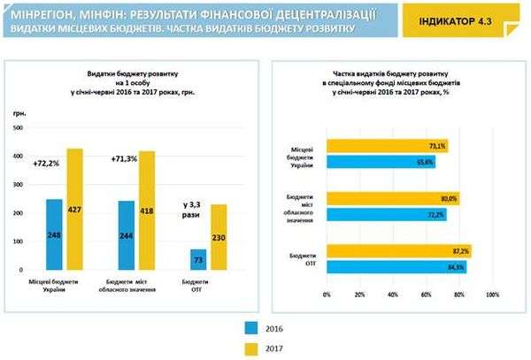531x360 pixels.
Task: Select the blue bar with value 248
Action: (55, 234)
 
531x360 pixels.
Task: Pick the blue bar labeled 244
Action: (127, 235)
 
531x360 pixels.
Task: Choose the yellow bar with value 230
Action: (219, 237)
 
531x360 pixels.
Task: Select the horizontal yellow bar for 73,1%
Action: (387, 146)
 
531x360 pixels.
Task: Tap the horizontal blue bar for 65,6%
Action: (381, 162)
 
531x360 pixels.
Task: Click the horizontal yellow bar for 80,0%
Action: (393, 198)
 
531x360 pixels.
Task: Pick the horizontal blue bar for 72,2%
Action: (386, 214)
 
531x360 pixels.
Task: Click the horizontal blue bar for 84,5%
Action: (396, 266)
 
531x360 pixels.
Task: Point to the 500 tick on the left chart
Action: (18, 130)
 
